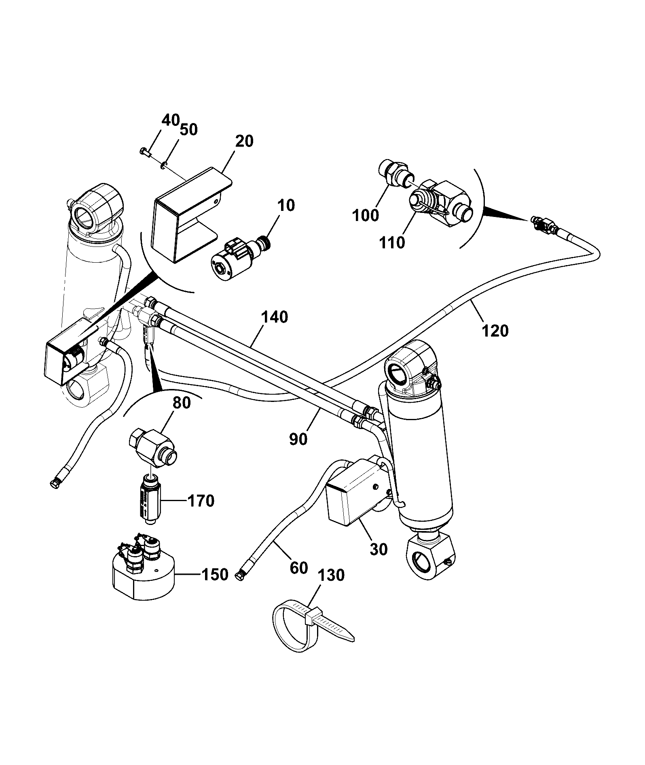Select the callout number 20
244,141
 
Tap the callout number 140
274,317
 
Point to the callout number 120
495,331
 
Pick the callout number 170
201,501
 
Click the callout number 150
215,574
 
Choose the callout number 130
331,575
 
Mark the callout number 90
298,439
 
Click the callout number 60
300,568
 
